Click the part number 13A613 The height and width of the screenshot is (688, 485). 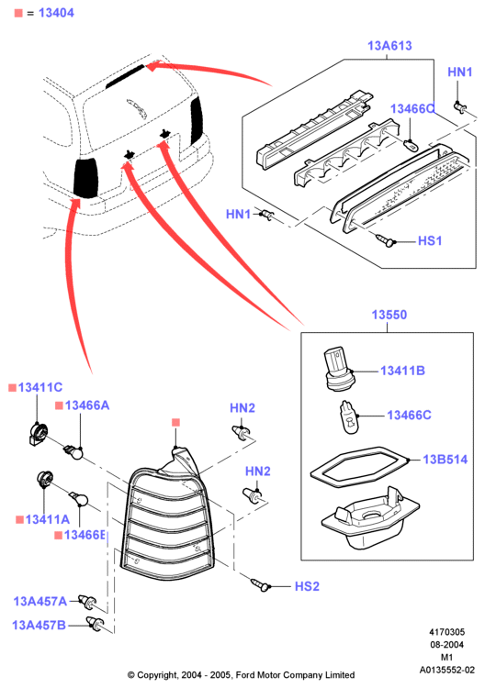point(389,46)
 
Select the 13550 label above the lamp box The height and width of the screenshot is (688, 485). point(389,315)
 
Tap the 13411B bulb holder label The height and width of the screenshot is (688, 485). point(402,371)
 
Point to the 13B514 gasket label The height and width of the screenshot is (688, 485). point(445,460)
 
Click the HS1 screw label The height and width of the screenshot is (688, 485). point(430,241)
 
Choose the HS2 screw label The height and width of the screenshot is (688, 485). point(307,586)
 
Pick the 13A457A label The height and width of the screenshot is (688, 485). point(40,601)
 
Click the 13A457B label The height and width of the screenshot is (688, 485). point(39,625)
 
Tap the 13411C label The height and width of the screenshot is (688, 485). point(40,387)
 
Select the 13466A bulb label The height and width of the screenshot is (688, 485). point(87,405)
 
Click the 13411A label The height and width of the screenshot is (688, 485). point(48,519)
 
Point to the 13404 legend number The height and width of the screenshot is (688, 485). point(56,13)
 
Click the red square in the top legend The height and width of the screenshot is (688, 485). point(18,13)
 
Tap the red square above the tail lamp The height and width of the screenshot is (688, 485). point(175,423)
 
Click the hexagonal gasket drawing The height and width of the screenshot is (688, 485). point(358,467)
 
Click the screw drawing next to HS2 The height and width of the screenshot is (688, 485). point(260,584)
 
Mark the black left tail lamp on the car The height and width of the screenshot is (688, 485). point(86,178)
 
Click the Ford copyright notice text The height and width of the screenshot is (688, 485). point(241,675)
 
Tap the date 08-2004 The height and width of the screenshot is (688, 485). point(446,645)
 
